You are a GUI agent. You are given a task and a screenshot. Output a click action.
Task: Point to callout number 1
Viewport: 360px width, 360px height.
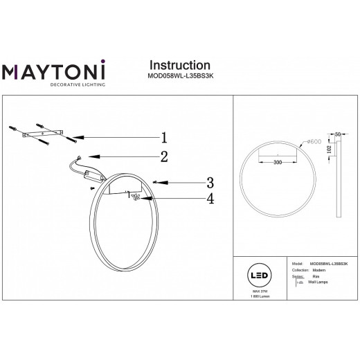click(165, 136)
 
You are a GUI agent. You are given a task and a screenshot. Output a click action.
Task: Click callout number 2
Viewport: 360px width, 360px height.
click(165, 156)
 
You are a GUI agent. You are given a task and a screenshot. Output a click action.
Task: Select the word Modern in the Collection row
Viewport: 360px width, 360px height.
click(320, 270)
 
